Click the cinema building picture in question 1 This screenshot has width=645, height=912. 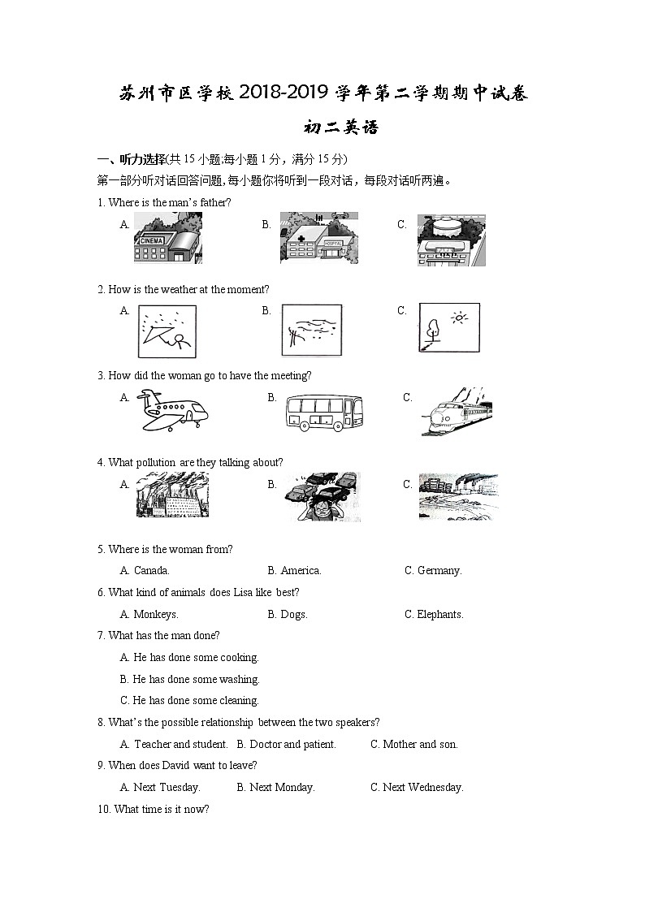(x=167, y=239)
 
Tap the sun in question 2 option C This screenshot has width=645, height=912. (x=461, y=318)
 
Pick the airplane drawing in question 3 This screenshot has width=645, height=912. (x=171, y=408)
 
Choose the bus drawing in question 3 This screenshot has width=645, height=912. (x=325, y=412)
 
